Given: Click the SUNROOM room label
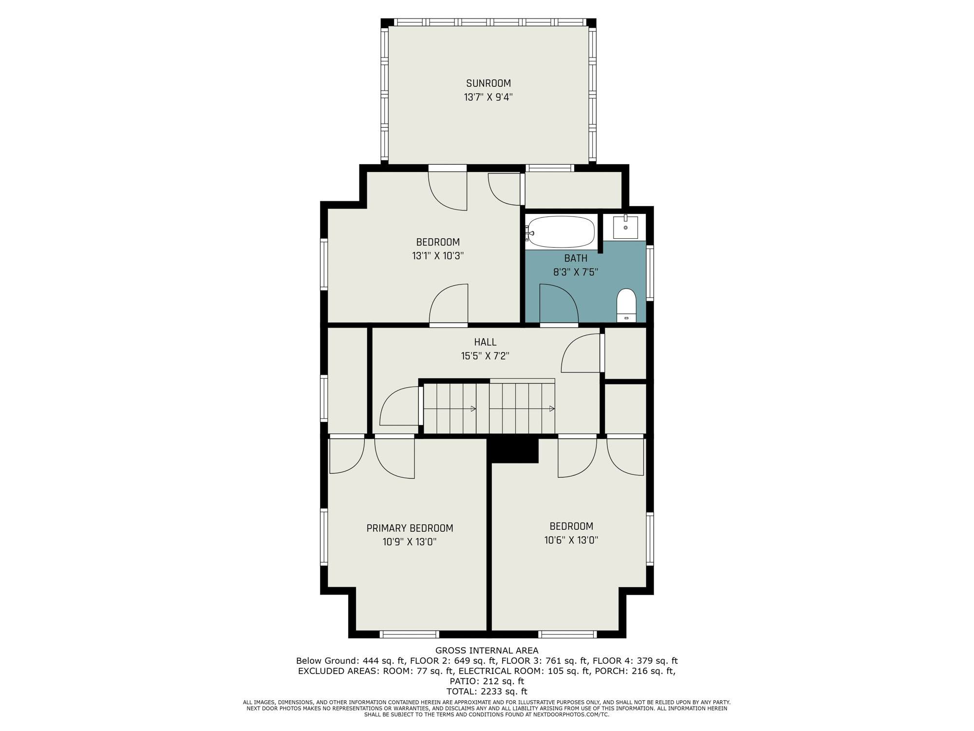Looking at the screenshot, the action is pyautogui.click(x=488, y=83).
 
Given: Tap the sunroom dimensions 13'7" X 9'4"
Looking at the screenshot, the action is pyautogui.click(x=488, y=97).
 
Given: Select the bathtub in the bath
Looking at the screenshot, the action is pyautogui.click(x=561, y=232).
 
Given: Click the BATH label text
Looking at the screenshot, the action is pyautogui.click(x=576, y=258).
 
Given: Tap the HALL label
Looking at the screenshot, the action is pyautogui.click(x=486, y=342).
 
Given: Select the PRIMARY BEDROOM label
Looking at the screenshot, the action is pyautogui.click(x=410, y=528).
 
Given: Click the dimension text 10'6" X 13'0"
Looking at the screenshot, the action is pyautogui.click(x=571, y=540).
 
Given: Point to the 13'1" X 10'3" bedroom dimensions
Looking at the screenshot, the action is pyautogui.click(x=438, y=256).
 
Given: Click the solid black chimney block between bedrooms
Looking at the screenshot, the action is pyautogui.click(x=513, y=449).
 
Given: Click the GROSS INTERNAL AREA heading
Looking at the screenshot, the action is pyautogui.click(x=487, y=651).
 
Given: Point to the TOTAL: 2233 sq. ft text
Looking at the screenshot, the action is pyautogui.click(x=487, y=692).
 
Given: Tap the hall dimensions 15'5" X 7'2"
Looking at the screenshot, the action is pyautogui.click(x=486, y=356).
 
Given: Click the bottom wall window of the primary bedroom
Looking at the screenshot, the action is pyautogui.click(x=410, y=634).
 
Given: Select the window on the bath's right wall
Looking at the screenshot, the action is pyautogui.click(x=650, y=272).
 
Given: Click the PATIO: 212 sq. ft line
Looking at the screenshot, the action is pyautogui.click(x=487, y=681).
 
